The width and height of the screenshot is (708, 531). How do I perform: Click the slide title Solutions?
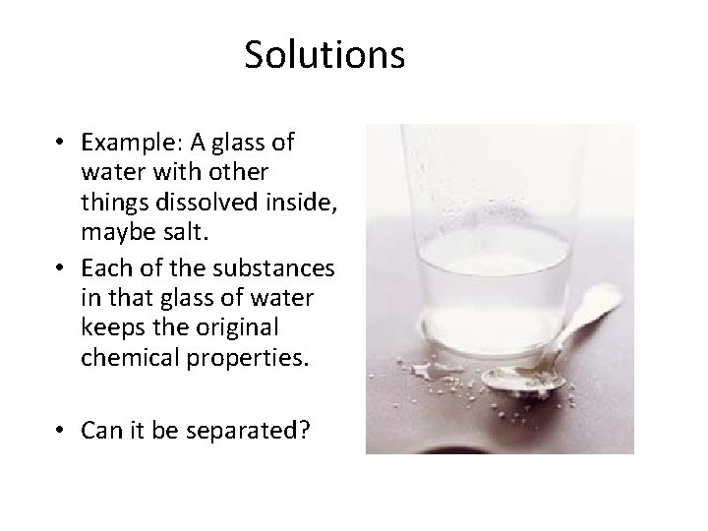[324, 55]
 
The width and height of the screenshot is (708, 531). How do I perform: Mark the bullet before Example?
[61, 144]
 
